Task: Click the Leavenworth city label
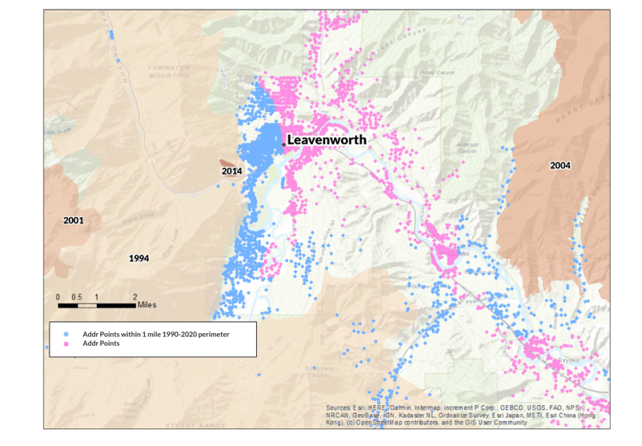click(327, 139)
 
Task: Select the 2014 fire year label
click(232, 171)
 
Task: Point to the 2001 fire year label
click(74, 219)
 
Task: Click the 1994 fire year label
click(139, 259)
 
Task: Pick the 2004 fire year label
click(560, 166)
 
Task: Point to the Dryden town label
click(569, 361)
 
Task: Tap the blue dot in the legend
click(67, 334)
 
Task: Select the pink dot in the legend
click(67, 344)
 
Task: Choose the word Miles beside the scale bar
click(146, 305)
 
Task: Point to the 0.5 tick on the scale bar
click(77, 297)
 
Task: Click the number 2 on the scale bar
click(134, 297)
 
